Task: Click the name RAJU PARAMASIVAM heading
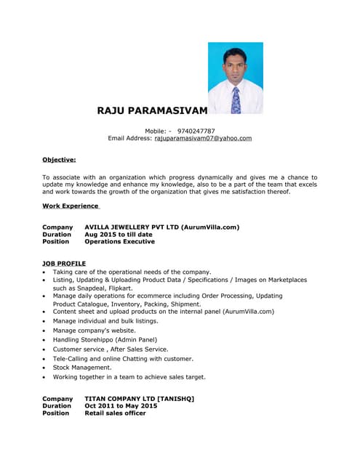(152, 110)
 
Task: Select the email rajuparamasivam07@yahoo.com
(203, 138)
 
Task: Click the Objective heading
(59, 159)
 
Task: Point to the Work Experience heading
(71, 206)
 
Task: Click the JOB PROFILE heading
(64, 263)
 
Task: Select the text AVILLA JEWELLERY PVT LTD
(131, 227)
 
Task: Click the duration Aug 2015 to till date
(119, 235)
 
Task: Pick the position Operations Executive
(119, 242)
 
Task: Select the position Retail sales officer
(115, 413)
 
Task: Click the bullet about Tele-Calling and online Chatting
(123, 358)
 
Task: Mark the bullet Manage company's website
(94, 330)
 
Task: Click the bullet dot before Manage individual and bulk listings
(45, 321)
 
